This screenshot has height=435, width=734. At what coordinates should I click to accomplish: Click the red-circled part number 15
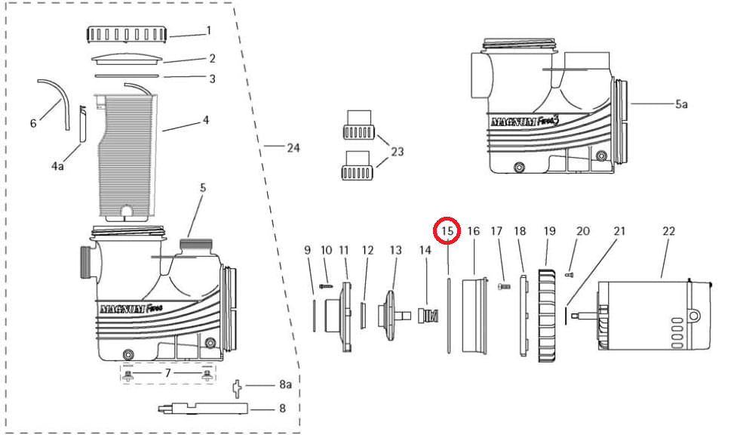[447, 230]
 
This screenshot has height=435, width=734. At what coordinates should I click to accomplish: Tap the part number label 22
[669, 230]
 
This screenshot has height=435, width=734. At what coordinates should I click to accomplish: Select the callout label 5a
[681, 104]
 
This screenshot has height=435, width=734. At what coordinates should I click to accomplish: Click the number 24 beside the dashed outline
[293, 148]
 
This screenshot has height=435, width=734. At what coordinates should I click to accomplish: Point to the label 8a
[286, 384]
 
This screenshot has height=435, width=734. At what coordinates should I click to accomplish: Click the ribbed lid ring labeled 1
[127, 35]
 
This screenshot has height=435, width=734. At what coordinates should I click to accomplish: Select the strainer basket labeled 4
[126, 157]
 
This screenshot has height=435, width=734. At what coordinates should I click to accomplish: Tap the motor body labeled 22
[654, 316]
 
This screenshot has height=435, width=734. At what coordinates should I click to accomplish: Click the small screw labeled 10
[326, 285]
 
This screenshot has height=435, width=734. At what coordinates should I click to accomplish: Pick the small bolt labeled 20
[570, 275]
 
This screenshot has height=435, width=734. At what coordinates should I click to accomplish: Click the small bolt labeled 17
[504, 286]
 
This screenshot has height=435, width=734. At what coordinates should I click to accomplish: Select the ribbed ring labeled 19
[547, 316]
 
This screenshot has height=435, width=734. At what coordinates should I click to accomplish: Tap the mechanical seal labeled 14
[428, 315]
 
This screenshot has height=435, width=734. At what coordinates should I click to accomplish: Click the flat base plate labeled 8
[204, 409]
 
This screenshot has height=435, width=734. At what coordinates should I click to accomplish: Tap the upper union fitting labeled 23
[359, 125]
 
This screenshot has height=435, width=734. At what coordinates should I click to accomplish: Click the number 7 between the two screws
[167, 373]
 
